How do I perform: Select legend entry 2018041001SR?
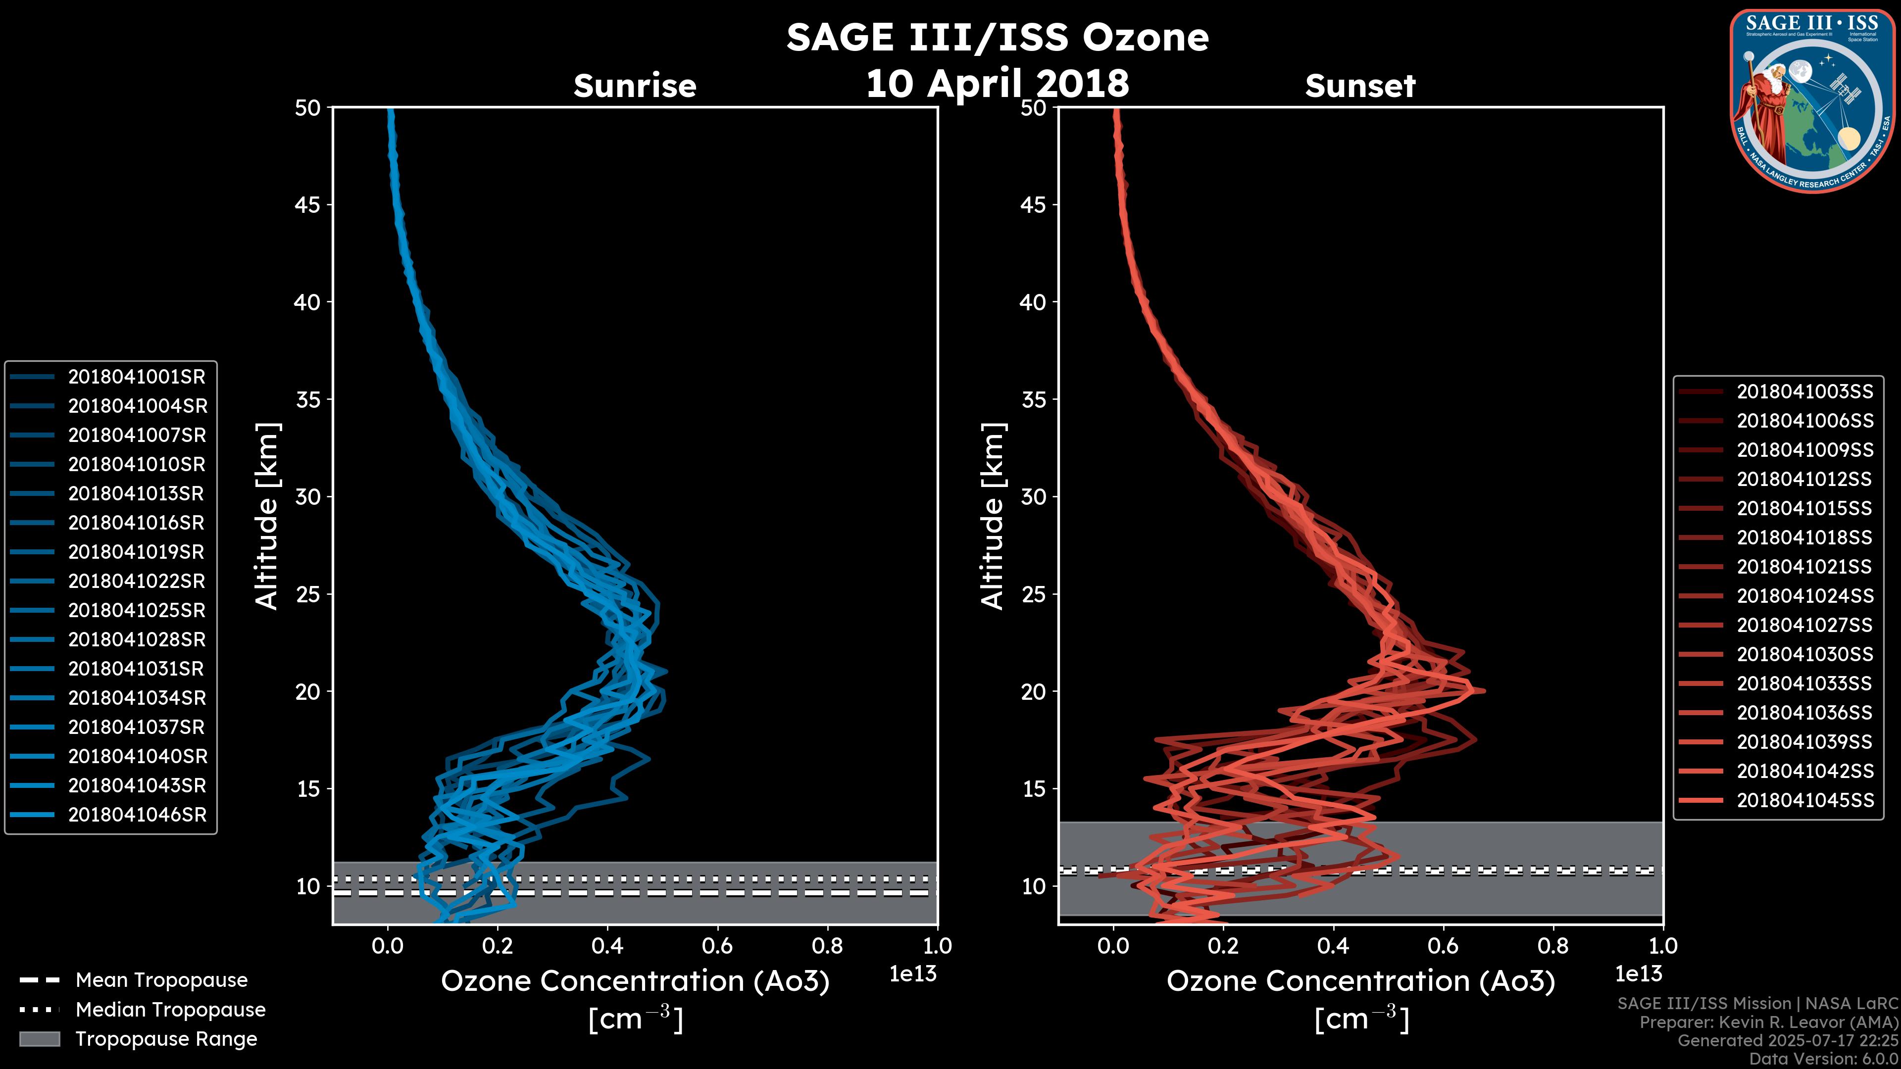click(137, 377)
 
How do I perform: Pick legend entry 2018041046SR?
click(137, 815)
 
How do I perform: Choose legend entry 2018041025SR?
click(137, 611)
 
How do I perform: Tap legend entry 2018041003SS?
click(1804, 392)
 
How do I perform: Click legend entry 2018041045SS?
click(1804, 800)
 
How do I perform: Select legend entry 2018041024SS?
click(1804, 596)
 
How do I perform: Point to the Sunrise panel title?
click(635, 86)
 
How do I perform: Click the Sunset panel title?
click(1360, 86)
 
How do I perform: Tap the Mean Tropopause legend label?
click(161, 980)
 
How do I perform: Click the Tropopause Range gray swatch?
click(39, 1039)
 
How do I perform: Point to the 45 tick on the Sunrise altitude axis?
click(308, 205)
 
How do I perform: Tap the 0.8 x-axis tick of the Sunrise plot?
click(827, 946)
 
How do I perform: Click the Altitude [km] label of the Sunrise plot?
click(267, 516)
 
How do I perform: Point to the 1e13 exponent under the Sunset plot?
click(1638, 974)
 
